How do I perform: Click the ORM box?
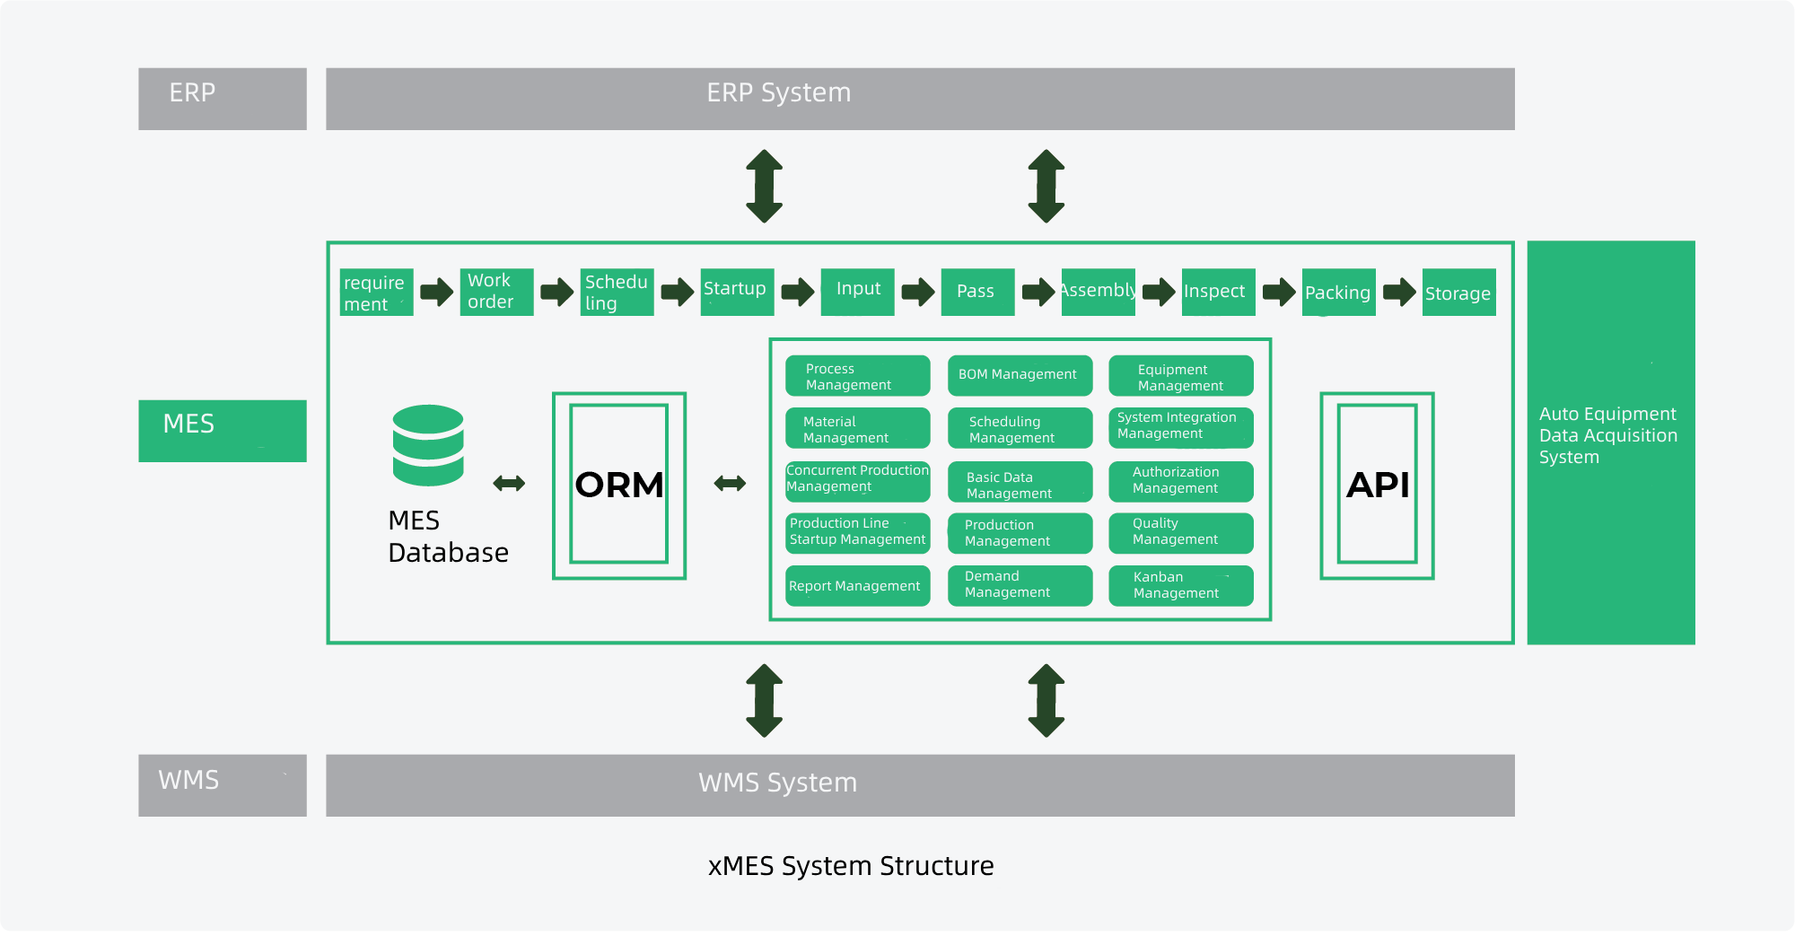pyautogui.click(x=619, y=485)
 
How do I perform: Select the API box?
pyautogui.click(x=1377, y=485)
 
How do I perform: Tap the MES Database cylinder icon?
pyautogui.click(x=428, y=445)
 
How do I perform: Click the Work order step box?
pyautogui.click(x=496, y=292)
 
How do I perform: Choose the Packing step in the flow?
pyautogui.click(x=1338, y=292)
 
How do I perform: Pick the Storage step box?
pyautogui.click(x=1458, y=293)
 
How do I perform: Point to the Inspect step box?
pyautogui.click(x=1218, y=292)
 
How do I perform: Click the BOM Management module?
pyautogui.click(x=1020, y=375)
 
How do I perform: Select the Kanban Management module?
pyautogui.click(x=1180, y=585)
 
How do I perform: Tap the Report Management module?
pyautogui.click(x=857, y=586)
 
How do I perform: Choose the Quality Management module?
pyautogui.click(x=1180, y=532)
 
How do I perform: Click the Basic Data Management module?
pyautogui.click(x=1020, y=482)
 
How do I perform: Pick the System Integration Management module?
pyautogui.click(x=1180, y=427)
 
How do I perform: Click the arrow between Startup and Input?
pyautogui.click(x=797, y=292)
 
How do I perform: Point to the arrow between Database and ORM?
pyautogui.click(x=509, y=484)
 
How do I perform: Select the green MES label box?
pyautogui.click(x=223, y=431)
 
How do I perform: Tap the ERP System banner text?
pyautogui.click(x=778, y=93)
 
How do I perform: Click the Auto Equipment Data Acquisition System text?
pyautogui.click(x=1607, y=435)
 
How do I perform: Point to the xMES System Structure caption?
pyautogui.click(x=851, y=866)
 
